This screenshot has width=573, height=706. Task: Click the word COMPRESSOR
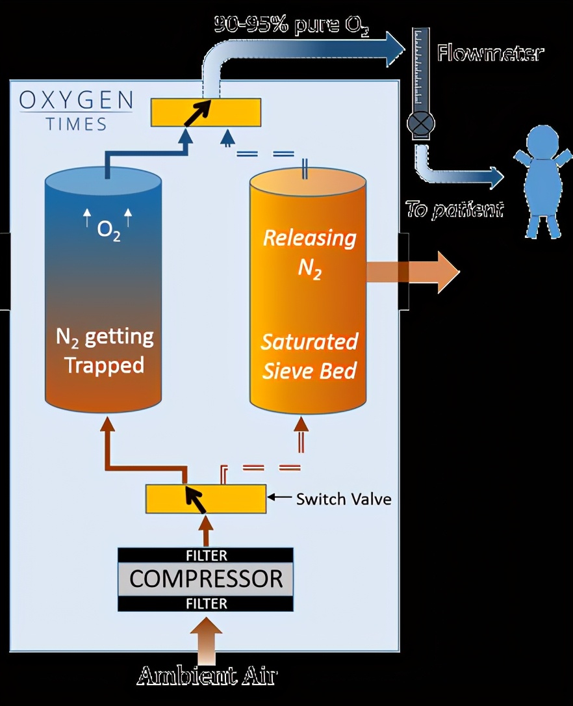[205, 579]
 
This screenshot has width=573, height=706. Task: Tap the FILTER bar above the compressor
[205, 556]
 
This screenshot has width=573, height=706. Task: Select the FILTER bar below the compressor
[205, 603]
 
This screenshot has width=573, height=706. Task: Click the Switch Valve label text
[343, 499]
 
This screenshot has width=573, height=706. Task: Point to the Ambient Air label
[207, 676]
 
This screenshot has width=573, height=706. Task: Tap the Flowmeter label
[489, 53]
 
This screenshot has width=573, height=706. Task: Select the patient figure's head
[542, 140]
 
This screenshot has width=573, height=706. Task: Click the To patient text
[454, 209]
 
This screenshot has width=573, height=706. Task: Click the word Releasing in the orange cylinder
[309, 238]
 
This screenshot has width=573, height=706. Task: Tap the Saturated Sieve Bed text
[309, 356]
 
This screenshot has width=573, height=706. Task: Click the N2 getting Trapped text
[104, 350]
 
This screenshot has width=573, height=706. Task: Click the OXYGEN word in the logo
[76, 100]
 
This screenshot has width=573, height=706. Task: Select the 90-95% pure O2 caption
[292, 25]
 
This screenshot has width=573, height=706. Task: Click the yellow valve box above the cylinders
[206, 112]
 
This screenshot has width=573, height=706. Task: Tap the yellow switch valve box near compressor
[205, 499]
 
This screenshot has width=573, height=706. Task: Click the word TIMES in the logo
[76, 124]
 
